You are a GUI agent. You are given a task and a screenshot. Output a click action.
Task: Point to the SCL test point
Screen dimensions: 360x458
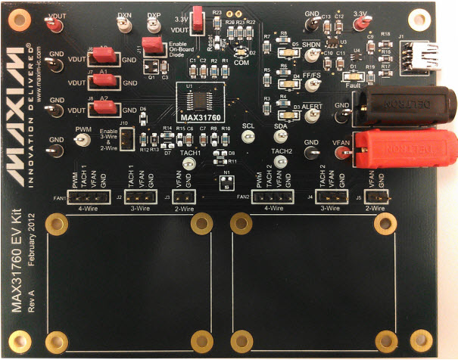pos(248,137)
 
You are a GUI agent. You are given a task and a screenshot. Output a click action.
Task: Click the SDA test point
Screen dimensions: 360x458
pos(281,136)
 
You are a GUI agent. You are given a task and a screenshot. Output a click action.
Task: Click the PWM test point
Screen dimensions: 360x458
pos(83,141)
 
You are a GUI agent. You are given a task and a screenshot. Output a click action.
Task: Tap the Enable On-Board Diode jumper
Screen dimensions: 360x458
pos(155,46)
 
